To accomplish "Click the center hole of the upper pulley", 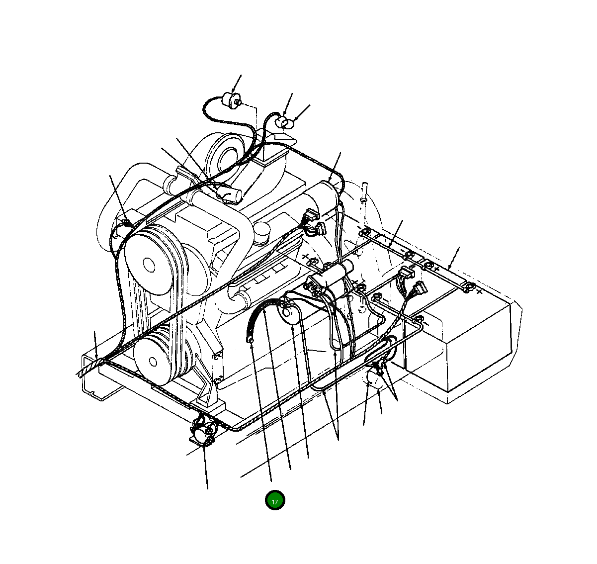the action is pyautogui.click(x=149, y=265).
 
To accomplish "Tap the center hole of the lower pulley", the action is pyautogui.click(x=153, y=362).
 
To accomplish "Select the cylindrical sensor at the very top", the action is pyautogui.click(x=231, y=100).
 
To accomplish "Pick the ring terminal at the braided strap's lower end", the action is pyautogui.click(x=250, y=340).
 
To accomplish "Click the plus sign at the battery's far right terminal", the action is pyautogui.click(x=479, y=291).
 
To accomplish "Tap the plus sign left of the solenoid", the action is pyautogui.click(x=305, y=257).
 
